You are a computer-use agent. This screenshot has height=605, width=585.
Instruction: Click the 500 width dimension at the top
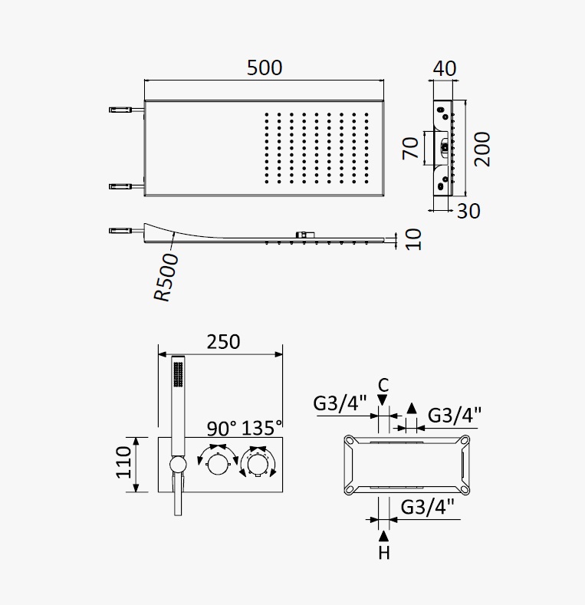tap(265, 67)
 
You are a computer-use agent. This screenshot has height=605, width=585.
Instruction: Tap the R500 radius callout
tap(166, 277)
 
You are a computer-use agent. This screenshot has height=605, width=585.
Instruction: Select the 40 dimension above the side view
tap(445, 69)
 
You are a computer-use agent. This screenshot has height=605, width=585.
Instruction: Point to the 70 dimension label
tap(410, 148)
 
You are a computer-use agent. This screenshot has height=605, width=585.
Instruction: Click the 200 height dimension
tap(482, 149)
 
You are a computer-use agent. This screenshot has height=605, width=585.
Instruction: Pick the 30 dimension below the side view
tap(468, 211)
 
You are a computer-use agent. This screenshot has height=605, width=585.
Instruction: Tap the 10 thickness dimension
tap(413, 239)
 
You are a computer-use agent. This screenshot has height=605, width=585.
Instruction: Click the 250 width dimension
tap(223, 342)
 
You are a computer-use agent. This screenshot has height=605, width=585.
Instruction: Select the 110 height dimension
tap(124, 462)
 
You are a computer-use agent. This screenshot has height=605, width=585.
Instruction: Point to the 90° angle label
tap(222, 429)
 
